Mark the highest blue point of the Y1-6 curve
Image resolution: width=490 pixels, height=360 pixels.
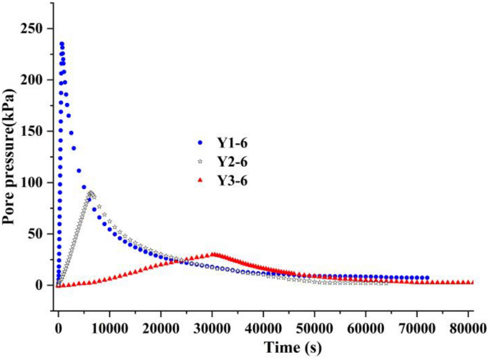[x=62, y=44]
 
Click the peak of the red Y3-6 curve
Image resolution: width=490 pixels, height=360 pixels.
[x=213, y=254]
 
